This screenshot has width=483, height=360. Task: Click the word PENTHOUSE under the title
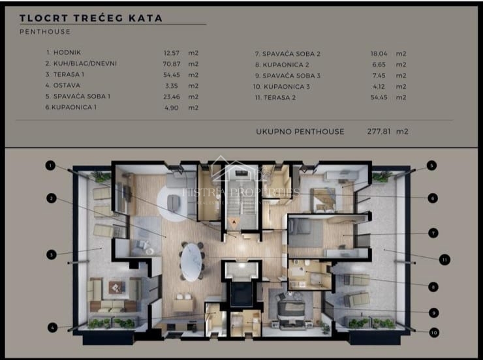pyautogui.click(x=45, y=31)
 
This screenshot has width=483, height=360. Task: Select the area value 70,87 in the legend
pyautogui.click(x=171, y=64)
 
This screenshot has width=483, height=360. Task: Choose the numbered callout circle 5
pyautogui.click(x=431, y=166)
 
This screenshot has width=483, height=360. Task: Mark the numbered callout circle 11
pyautogui.click(x=444, y=260)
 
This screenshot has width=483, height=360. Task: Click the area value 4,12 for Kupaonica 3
pyautogui.click(x=379, y=86)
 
